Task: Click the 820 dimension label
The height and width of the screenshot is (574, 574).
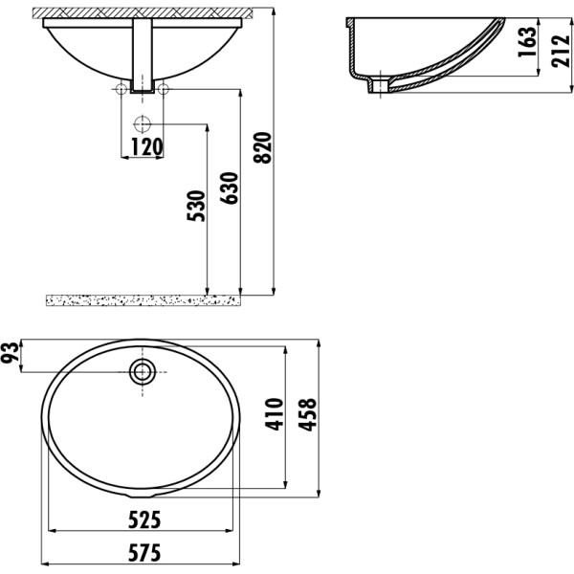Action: tap(262, 147)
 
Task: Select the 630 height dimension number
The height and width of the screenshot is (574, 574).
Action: tap(230, 188)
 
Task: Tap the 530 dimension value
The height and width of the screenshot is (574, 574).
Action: tap(196, 206)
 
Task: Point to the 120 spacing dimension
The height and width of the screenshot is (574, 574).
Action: tap(146, 146)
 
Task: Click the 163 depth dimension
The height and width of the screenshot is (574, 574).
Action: tap(527, 41)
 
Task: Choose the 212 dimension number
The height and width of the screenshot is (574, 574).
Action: tap(561, 51)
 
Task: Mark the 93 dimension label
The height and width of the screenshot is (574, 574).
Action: tap(10, 352)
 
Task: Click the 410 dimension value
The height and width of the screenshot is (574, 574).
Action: tap(275, 414)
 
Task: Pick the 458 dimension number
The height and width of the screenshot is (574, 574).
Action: tap(307, 415)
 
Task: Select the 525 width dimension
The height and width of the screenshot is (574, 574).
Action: tap(144, 519)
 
